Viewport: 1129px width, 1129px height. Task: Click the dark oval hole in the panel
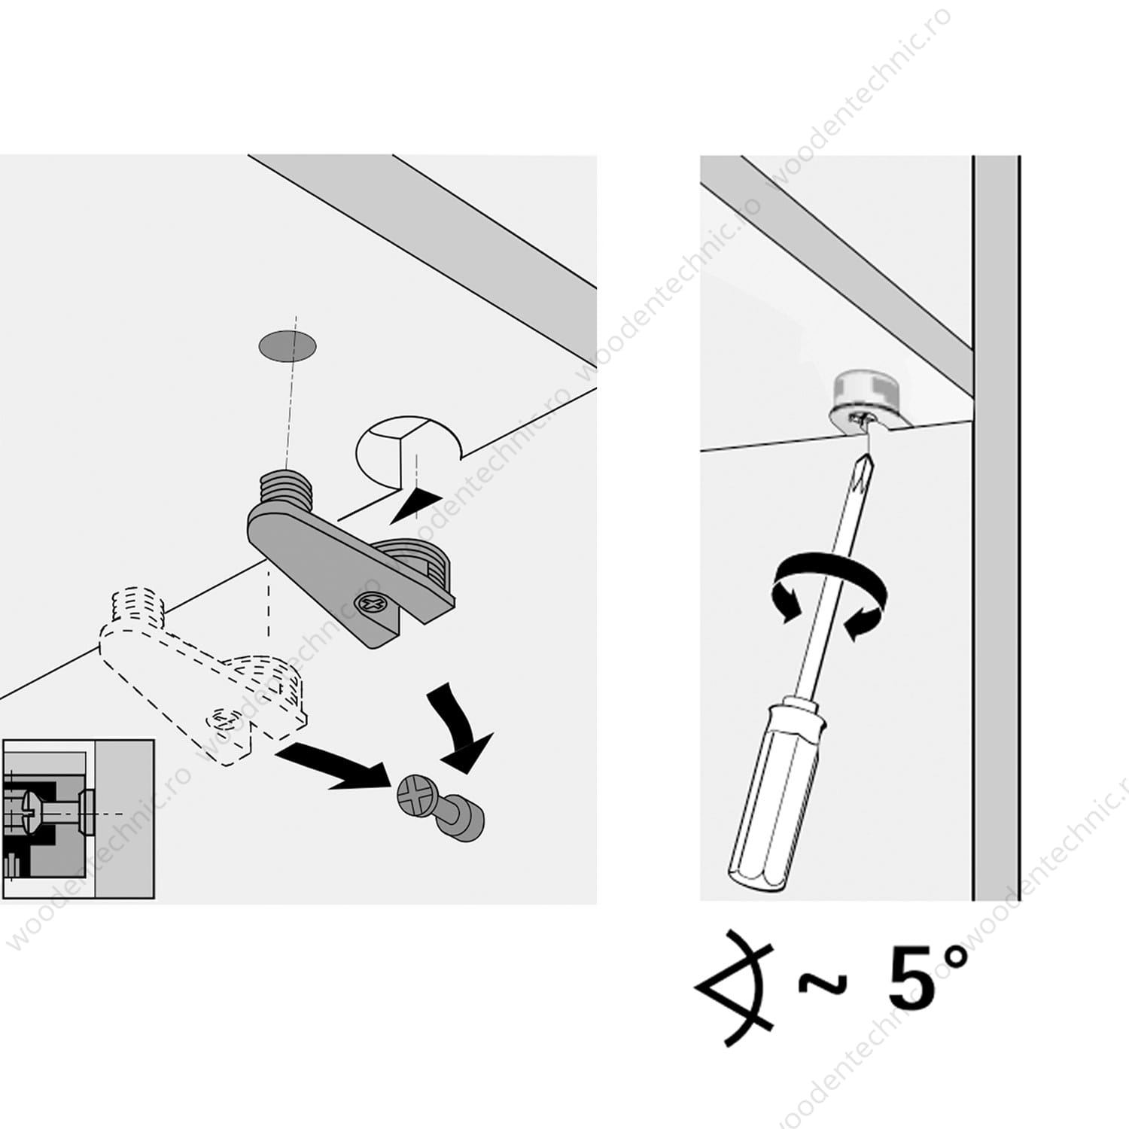tap(288, 346)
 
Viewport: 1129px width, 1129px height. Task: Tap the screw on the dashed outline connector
tap(221, 720)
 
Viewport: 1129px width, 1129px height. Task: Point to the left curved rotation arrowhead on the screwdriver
tap(785, 602)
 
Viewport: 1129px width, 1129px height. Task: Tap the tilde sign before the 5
tap(823, 983)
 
